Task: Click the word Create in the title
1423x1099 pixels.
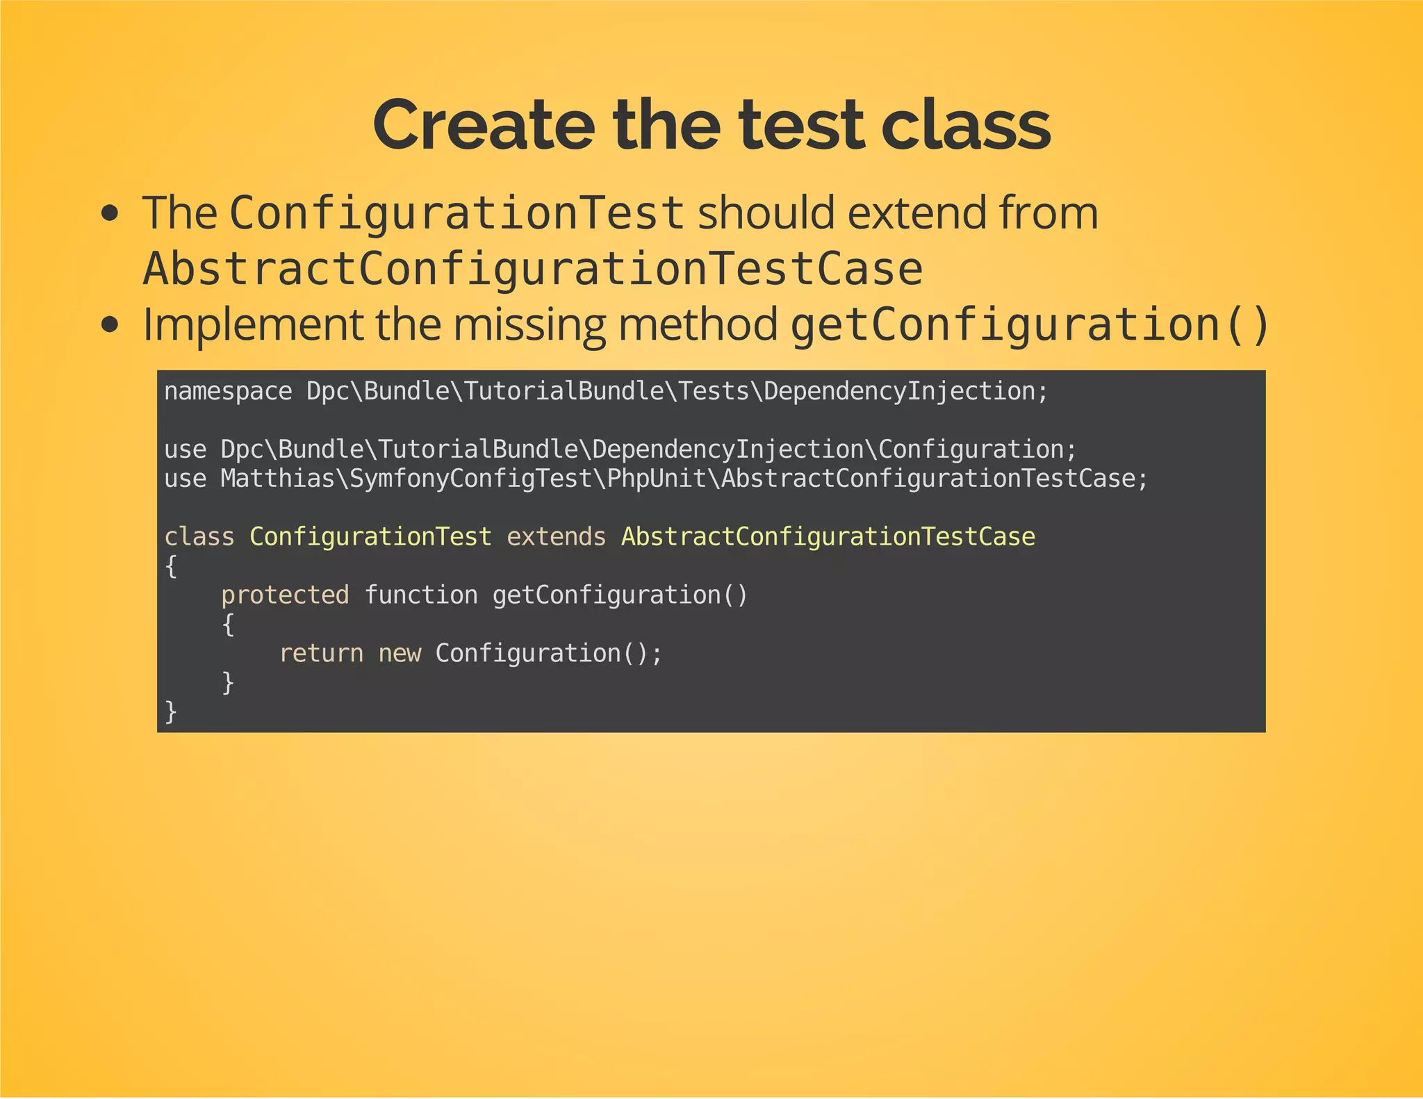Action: pos(484,125)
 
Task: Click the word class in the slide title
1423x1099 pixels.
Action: pos(965,125)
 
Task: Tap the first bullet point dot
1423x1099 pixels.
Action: pos(109,214)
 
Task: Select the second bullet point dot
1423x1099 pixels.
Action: pos(109,324)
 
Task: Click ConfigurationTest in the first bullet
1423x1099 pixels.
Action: pos(456,213)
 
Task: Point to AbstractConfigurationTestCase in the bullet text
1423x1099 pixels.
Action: pos(532,270)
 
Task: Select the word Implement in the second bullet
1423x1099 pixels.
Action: pos(252,324)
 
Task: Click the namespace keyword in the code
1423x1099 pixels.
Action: pos(228,392)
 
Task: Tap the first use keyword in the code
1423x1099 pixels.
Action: pos(185,449)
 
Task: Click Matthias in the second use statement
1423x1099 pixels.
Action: pos(277,479)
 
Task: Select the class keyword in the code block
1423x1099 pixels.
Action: pos(199,536)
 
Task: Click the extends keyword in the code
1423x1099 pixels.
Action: pos(556,536)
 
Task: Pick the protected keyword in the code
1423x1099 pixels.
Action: pos(285,595)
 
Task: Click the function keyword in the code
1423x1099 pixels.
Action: pos(421,595)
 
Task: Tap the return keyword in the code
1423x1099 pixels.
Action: pos(321,653)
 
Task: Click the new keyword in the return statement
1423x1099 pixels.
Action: pos(400,653)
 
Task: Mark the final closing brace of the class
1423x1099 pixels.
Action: pos(171,711)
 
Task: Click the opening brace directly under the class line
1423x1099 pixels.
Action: pos(171,566)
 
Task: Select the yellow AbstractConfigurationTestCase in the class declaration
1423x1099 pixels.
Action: pos(828,536)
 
